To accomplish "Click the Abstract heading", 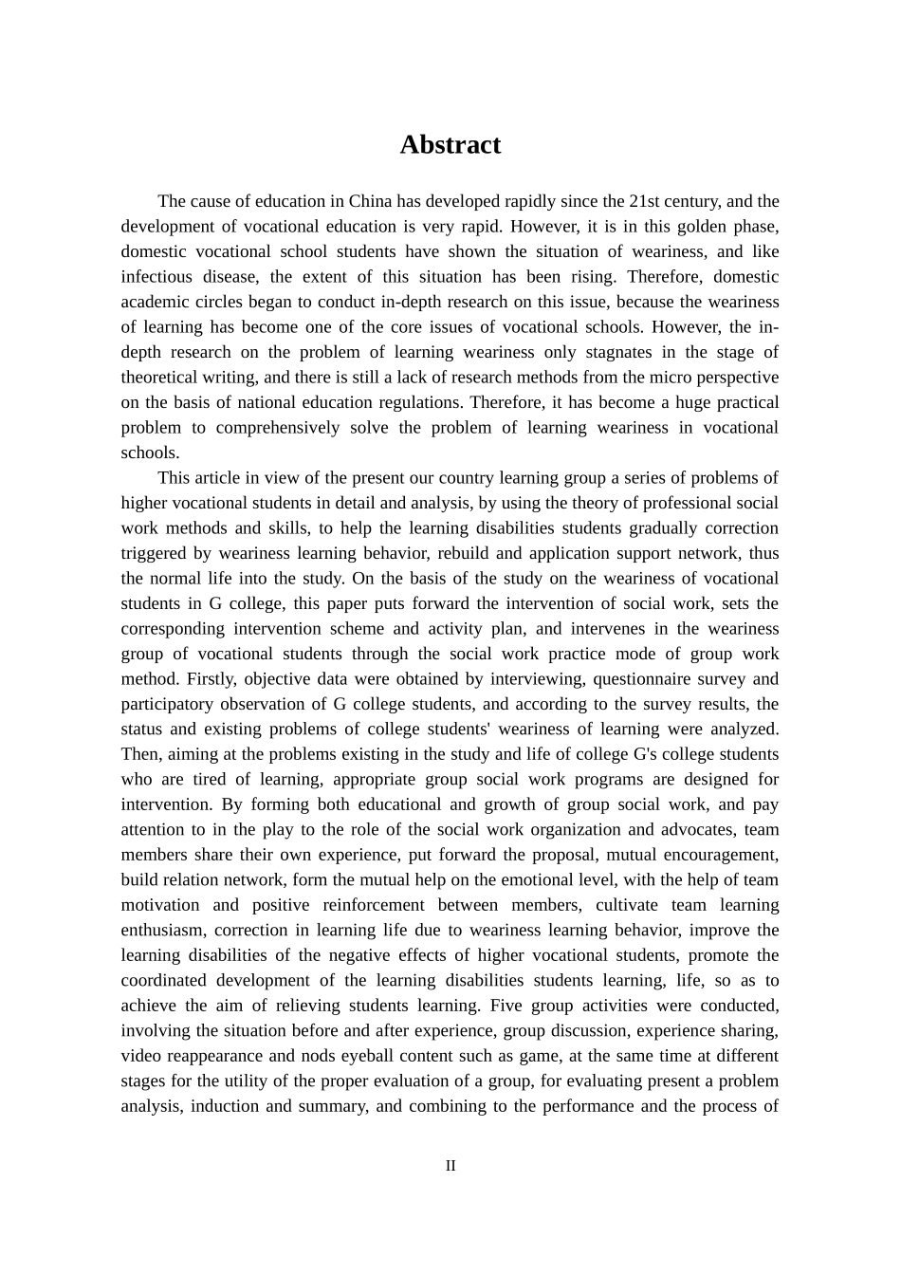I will click(x=450, y=144).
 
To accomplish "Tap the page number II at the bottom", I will click(x=450, y=1166).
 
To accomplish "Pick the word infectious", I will click(x=157, y=277).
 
